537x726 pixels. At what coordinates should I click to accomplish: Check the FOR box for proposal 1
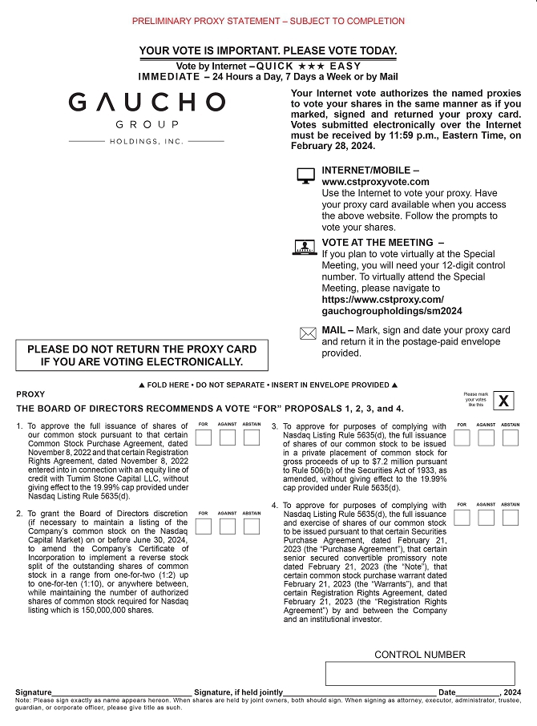click(x=204, y=438)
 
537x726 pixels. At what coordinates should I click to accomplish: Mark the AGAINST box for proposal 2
click(x=228, y=526)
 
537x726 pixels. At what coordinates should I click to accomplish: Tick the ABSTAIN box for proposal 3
click(x=511, y=438)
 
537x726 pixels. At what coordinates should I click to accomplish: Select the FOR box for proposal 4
click(x=462, y=517)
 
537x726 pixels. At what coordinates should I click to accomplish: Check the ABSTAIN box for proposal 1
click(x=252, y=438)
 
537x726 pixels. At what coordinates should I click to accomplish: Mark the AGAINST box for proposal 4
click(x=486, y=517)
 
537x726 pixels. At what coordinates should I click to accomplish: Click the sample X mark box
click(x=503, y=401)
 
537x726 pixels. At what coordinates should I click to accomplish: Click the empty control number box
click(x=420, y=673)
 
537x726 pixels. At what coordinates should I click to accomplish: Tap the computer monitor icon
click(x=306, y=176)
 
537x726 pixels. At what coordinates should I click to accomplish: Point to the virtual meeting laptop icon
click(x=305, y=248)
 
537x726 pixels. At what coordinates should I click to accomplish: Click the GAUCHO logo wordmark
click(x=147, y=103)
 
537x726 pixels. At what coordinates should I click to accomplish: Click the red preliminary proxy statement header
click(x=268, y=21)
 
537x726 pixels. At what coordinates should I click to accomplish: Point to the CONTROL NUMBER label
click(x=420, y=655)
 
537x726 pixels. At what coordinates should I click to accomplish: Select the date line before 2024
click(x=478, y=692)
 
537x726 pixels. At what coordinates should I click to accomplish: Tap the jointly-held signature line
click(x=360, y=692)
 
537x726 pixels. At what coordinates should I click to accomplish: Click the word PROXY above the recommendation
click(x=30, y=394)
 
